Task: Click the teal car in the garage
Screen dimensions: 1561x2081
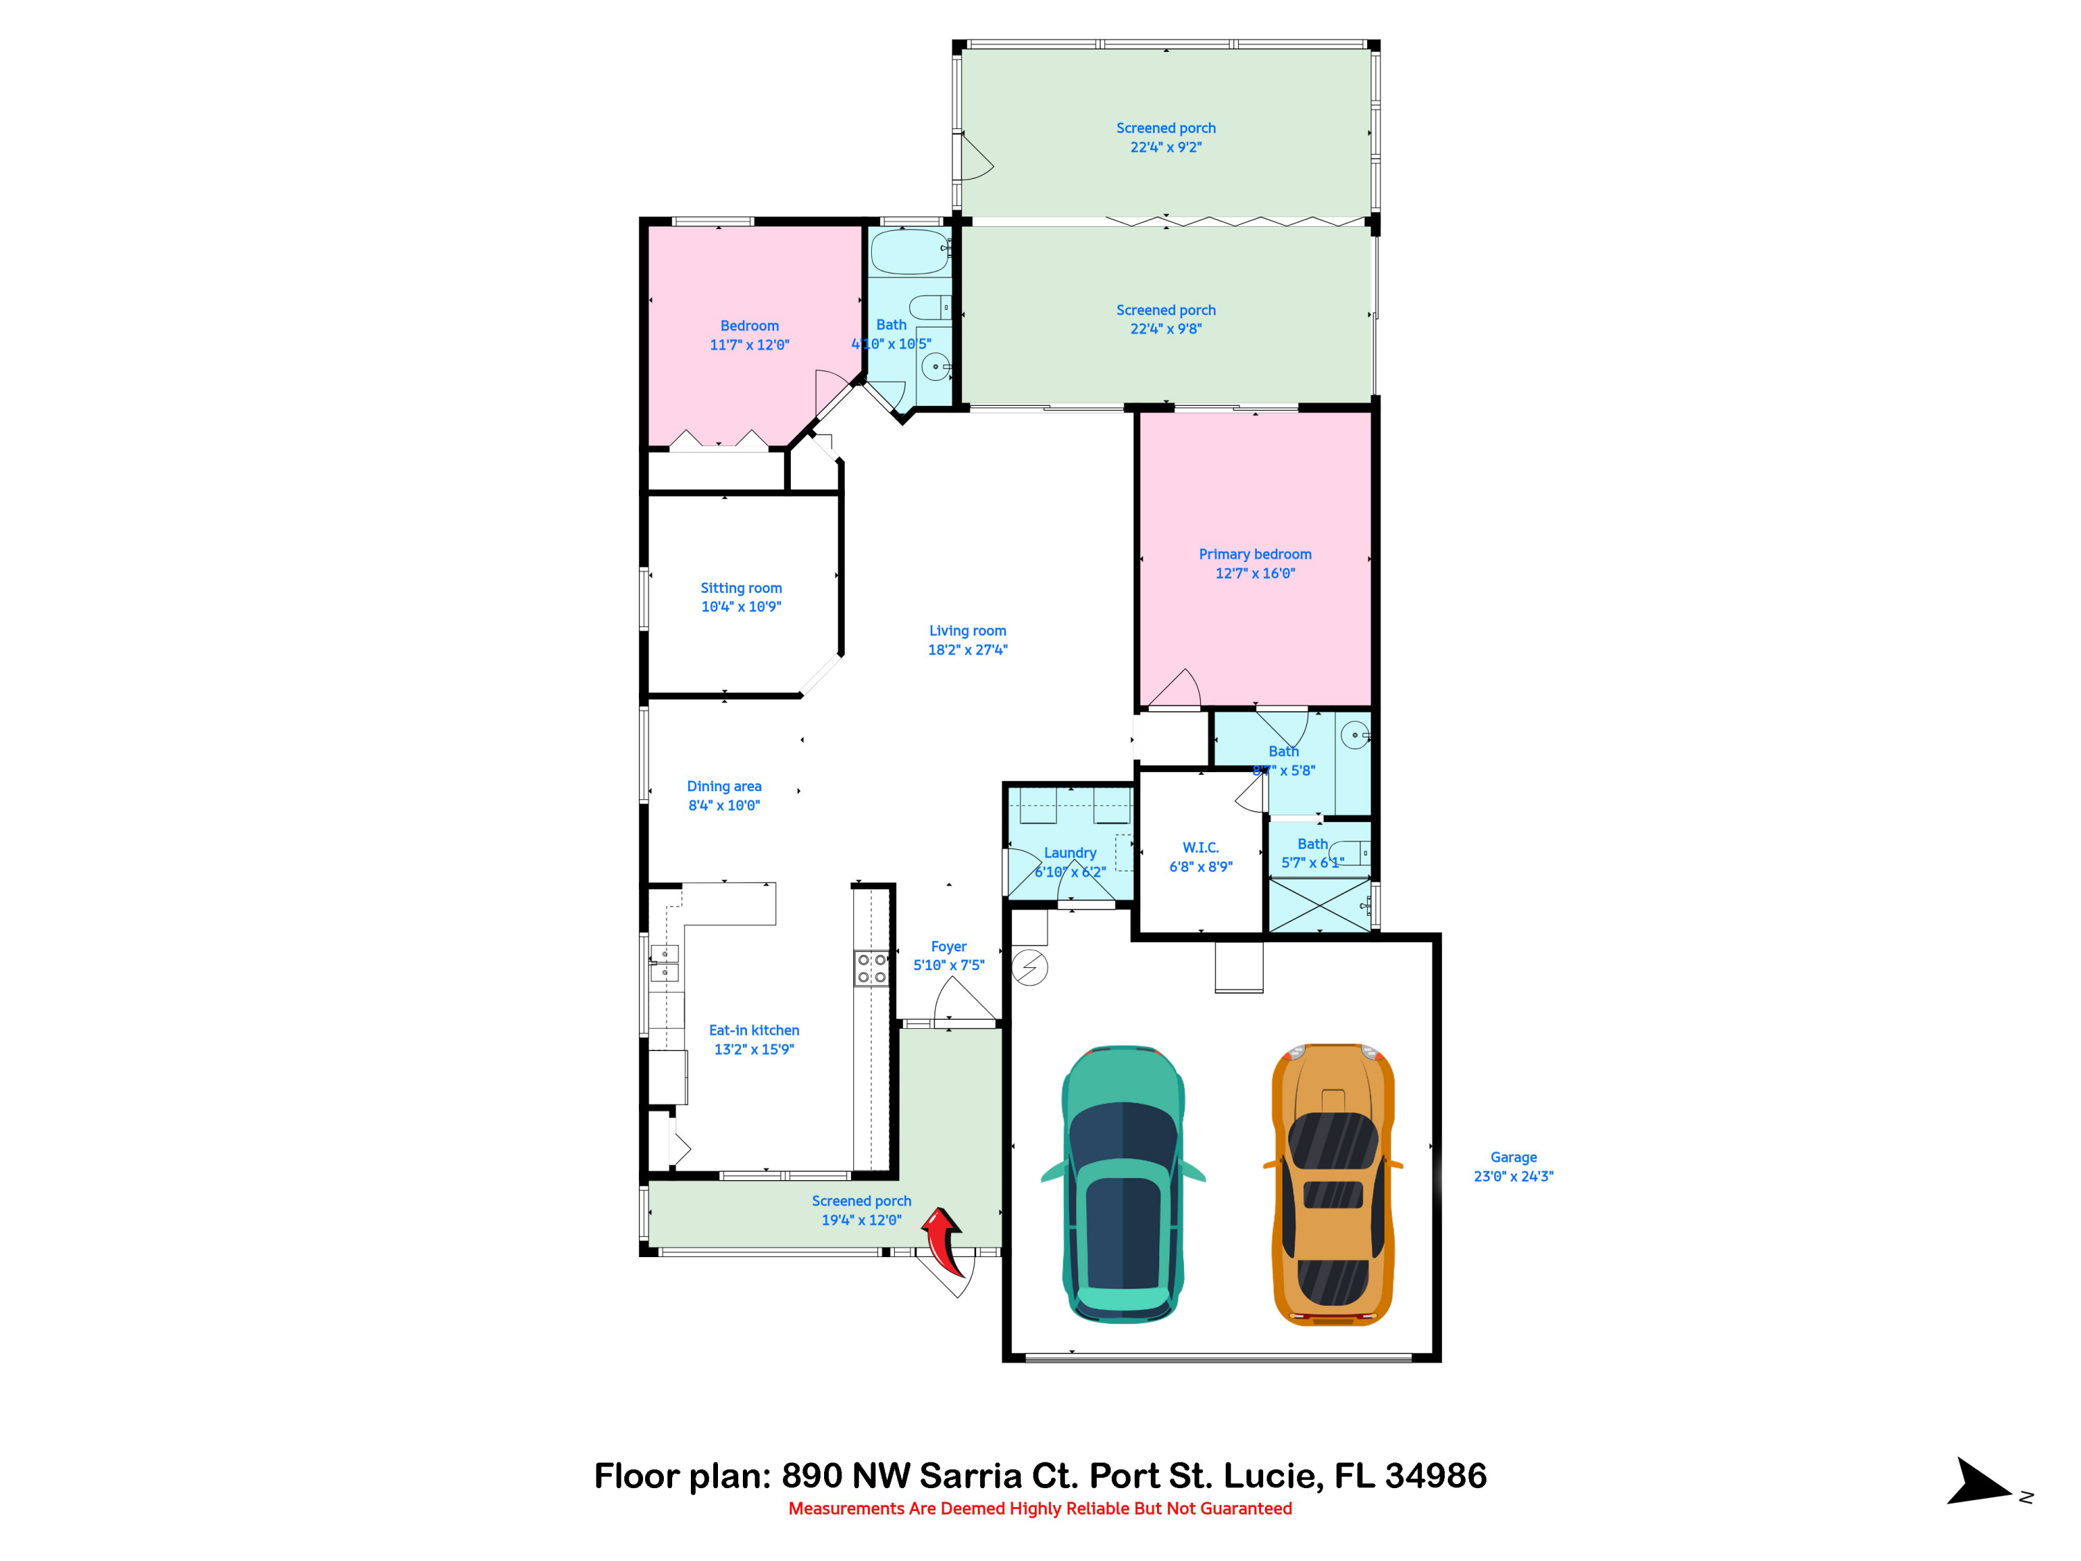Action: coord(1122,1186)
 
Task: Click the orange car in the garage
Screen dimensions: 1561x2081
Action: coord(1332,1186)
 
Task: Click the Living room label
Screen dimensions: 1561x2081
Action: coord(967,631)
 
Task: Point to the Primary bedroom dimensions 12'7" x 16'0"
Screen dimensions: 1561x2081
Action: coord(1255,573)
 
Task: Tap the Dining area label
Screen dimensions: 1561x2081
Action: coord(723,785)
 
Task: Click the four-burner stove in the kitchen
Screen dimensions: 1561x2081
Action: coord(871,969)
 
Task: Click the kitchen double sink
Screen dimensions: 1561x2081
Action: coord(665,962)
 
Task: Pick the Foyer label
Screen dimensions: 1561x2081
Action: coord(948,946)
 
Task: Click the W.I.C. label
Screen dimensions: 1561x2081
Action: coord(1201,848)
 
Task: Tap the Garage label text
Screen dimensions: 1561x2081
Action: coord(1513,1157)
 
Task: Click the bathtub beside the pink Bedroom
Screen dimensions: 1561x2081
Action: coord(909,251)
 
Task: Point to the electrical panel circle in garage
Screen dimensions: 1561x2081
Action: coord(1029,967)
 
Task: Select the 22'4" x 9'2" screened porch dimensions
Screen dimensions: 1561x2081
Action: coord(1165,147)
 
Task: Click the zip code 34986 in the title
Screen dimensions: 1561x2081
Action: coord(1436,1476)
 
